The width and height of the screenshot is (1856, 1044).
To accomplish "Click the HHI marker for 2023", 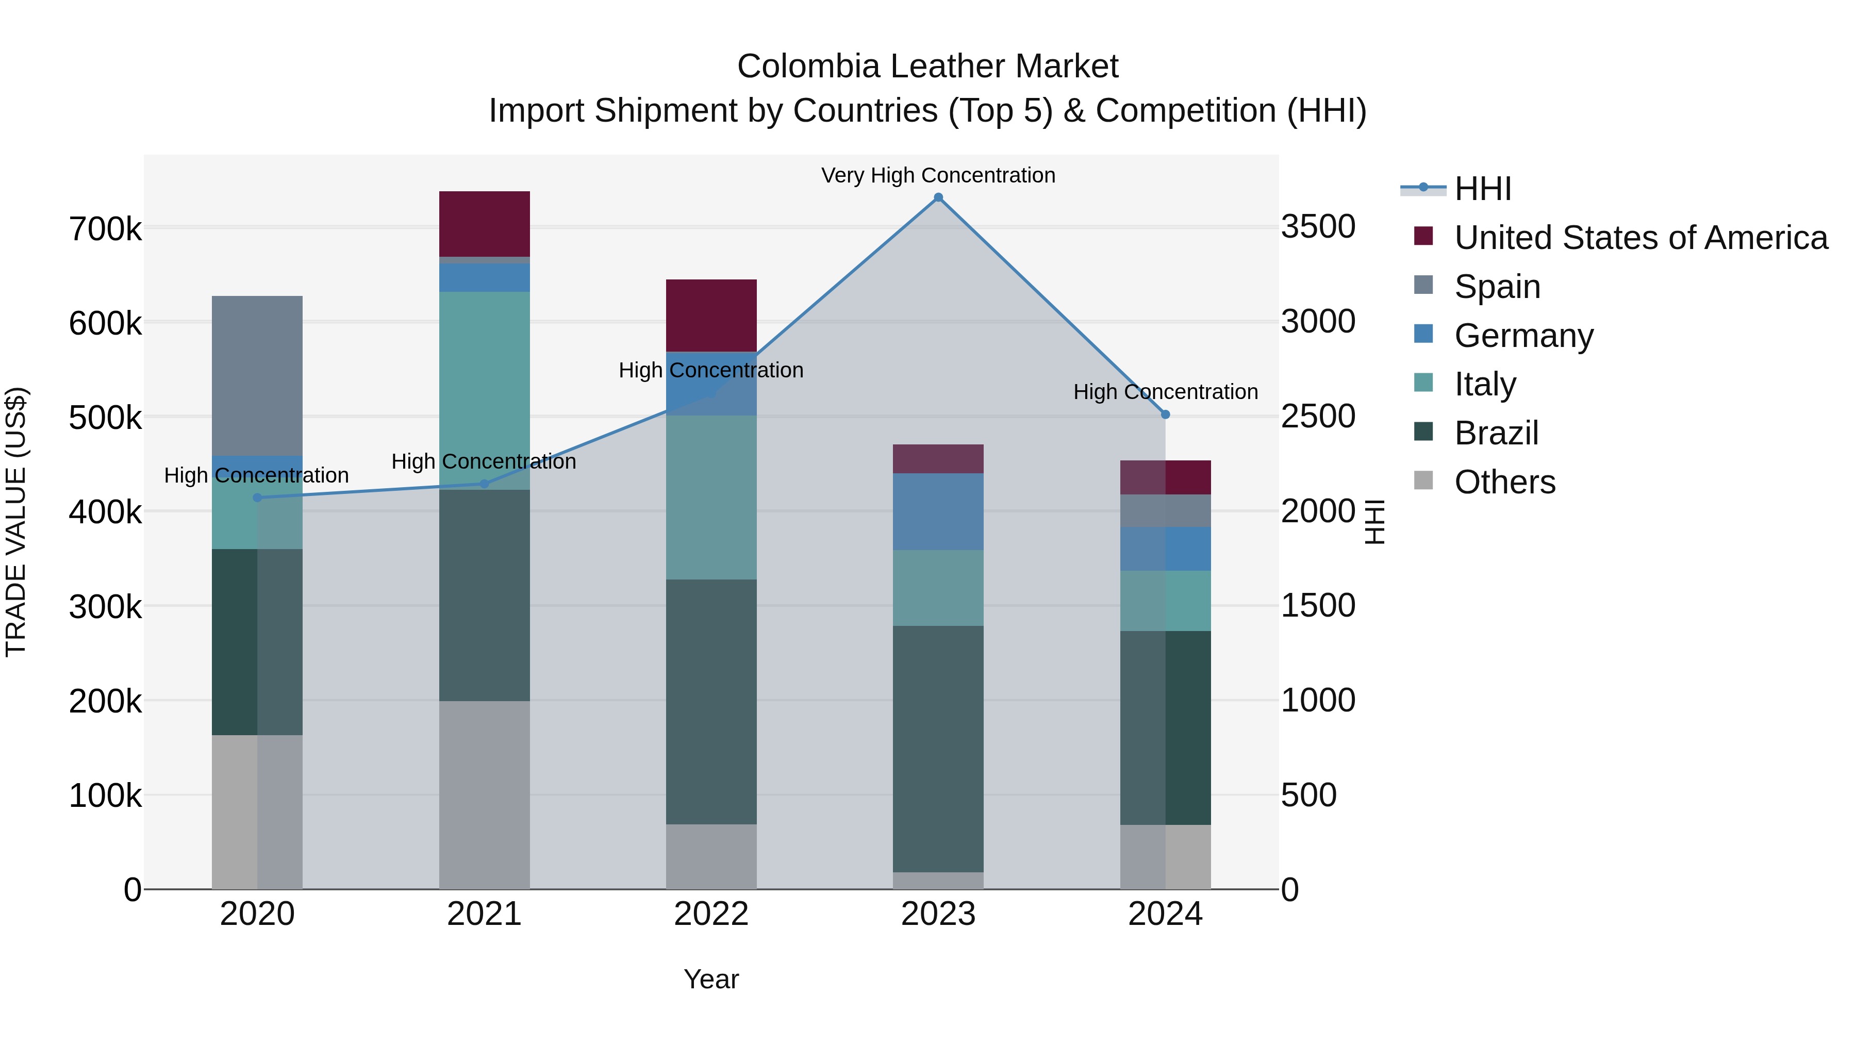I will pyautogui.click(x=938, y=197).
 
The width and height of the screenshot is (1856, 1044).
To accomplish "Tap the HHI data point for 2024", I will pyautogui.click(x=1165, y=415).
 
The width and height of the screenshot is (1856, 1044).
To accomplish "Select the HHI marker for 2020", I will pyautogui.click(x=257, y=497).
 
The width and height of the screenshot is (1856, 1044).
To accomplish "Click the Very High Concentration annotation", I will pyautogui.click(x=938, y=175).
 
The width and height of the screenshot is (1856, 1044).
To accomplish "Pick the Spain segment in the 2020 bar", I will pyautogui.click(x=257, y=375).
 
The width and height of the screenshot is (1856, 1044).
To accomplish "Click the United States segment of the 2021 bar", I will pyautogui.click(x=484, y=223).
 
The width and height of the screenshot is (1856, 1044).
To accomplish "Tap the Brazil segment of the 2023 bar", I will pyautogui.click(x=938, y=749).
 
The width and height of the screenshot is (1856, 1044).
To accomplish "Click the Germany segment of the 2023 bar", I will pyautogui.click(x=938, y=511).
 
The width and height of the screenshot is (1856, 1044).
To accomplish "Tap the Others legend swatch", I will pyautogui.click(x=1423, y=480).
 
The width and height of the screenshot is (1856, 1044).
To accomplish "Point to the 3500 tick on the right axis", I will pyautogui.click(x=1318, y=226).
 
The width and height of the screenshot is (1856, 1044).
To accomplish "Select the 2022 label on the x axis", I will pyautogui.click(x=711, y=914).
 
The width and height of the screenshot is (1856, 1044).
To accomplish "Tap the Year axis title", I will pyautogui.click(x=711, y=979).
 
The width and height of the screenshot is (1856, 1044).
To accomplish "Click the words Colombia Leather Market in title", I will pyautogui.click(x=927, y=67).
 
